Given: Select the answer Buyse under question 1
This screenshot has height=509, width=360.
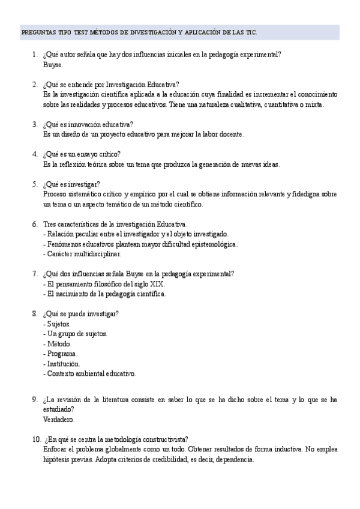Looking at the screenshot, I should coord(53,64).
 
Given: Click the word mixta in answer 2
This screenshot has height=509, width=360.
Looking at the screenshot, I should coord(312,104).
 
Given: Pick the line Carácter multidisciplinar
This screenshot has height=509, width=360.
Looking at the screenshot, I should coord(82,253).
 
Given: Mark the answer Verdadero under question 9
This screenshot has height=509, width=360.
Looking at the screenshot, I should coord(59,419).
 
